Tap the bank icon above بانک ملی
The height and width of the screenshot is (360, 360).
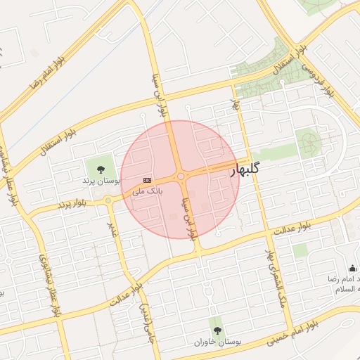146,179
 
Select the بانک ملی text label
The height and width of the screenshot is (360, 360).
148,191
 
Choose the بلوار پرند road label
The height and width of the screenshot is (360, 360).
72,203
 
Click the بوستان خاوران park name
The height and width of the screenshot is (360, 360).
218,342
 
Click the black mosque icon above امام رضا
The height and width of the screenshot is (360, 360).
352,269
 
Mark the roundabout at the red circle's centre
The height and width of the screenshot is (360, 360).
181,176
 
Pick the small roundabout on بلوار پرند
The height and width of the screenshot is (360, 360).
108,200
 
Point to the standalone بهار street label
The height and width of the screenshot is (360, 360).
236,105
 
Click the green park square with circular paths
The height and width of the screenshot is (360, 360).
307,143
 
